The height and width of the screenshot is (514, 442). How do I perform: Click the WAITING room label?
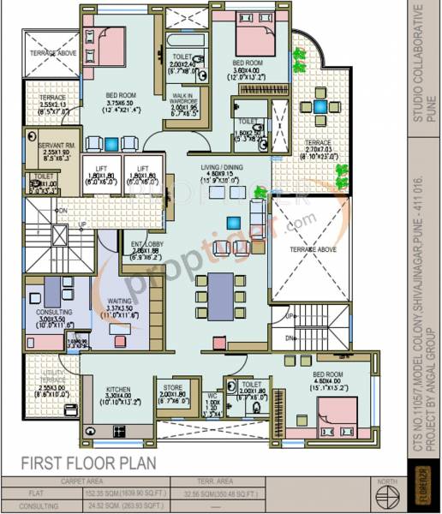pyautogui.click(x=119, y=301)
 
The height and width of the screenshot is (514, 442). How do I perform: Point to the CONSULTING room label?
pyautogui.click(x=54, y=313)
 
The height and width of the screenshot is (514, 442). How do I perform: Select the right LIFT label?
pyautogui.click(x=143, y=169)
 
